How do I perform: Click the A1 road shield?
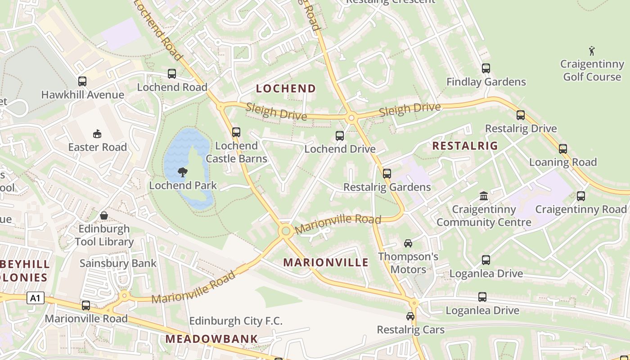pos(36,298)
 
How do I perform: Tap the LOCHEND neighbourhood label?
pos(286,89)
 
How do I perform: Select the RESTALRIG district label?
pos(465,146)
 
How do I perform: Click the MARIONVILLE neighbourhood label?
pos(326,262)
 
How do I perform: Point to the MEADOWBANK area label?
pos(211,339)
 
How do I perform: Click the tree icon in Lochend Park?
pos(183,172)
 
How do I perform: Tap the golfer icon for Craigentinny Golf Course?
pos(592,51)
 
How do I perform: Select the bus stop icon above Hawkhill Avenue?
pos(82,81)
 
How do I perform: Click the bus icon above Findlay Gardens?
pos(486,68)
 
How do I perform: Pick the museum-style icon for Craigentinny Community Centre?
pos(484,196)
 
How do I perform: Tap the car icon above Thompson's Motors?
pos(408,243)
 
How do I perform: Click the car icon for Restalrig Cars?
pos(410,316)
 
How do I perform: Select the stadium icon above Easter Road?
pos(97,134)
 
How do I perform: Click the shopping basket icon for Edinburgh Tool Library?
pos(104,216)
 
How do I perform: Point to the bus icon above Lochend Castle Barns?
pos(236,132)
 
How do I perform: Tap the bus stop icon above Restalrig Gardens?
pos(387,174)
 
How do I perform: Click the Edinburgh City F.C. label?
pos(236,321)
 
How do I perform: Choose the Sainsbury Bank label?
pos(118,263)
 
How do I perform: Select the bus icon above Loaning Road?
pos(563,149)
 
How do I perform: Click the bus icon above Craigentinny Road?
pos(581,196)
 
